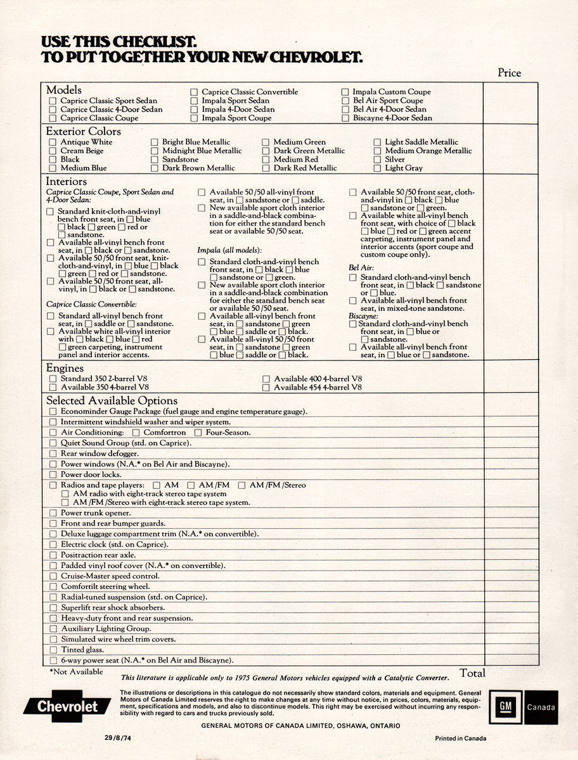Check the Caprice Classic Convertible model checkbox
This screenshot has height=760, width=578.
pyautogui.click(x=195, y=92)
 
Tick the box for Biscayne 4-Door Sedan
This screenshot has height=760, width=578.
pyautogui.click(x=345, y=118)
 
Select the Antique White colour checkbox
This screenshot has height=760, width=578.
pyautogui.click(x=53, y=142)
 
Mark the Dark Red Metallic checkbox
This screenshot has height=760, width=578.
pyautogui.click(x=266, y=168)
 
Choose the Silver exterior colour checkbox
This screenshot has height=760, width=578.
pyautogui.click(x=378, y=160)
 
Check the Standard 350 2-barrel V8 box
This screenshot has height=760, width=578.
pyautogui.click(x=53, y=379)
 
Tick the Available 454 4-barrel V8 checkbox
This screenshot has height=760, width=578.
pyautogui.click(x=266, y=388)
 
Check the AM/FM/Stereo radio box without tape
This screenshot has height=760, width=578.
pyautogui.click(x=241, y=485)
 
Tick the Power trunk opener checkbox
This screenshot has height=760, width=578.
pyautogui.click(x=53, y=513)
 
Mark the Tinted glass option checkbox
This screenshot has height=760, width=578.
pyautogui.click(x=53, y=650)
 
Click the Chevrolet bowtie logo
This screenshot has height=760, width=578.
pyautogui.click(x=67, y=707)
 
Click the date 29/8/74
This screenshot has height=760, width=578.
pyautogui.click(x=119, y=738)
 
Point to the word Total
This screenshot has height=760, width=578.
pyautogui.click(x=472, y=673)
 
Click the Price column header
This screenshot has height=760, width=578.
pyautogui.click(x=509, y=73)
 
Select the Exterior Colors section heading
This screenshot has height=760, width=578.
pyautogui.click(x=83, y=132)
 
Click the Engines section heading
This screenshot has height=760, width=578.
pyautogui.click(x=65, y=368)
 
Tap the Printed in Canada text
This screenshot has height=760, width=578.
pyautogui.click(x=461, y=738)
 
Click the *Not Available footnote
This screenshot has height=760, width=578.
pyautogui.click(x=76, y=672)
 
